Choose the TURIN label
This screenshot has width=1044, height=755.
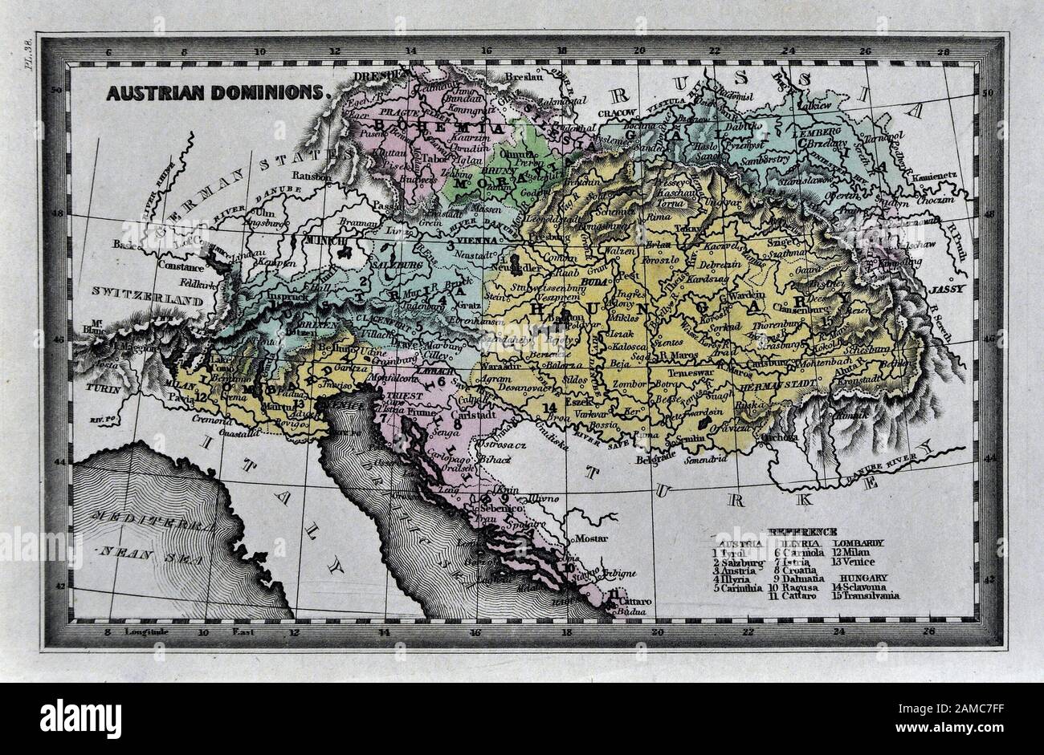(x=104, y=388)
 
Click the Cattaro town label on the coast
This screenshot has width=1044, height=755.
(x=635, y=600)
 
